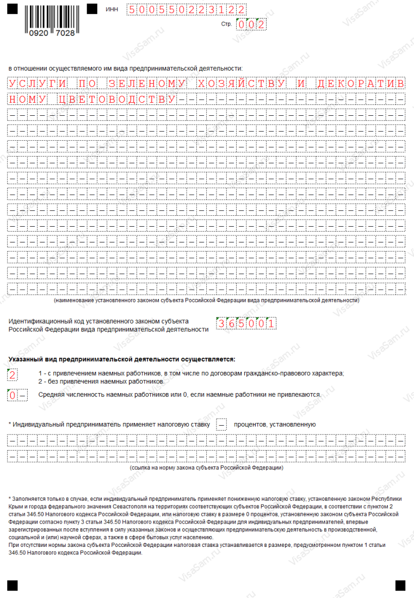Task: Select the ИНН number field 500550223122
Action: (x=185, y=9)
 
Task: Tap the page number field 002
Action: (x=250, y=24)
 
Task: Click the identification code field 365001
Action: (x=246, y=324)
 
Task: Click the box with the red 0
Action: (x=13, y=395)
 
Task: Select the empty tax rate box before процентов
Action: (x=221, y=424)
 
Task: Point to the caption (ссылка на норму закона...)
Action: (x=206, y=467)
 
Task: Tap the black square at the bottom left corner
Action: (x=13, y=584)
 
